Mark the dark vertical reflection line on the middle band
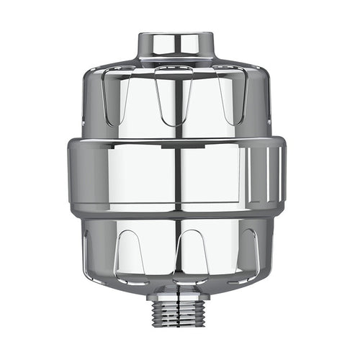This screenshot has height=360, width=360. pos(176,176)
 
